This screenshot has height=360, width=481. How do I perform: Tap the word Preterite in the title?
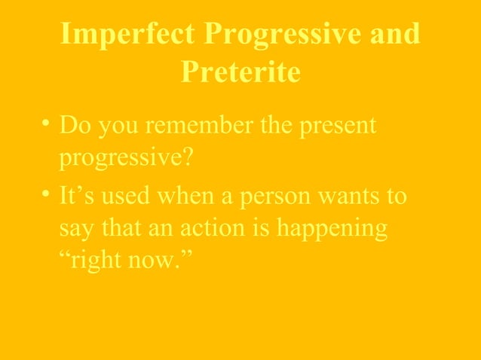pos(240,72)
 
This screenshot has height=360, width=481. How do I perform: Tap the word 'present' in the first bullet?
pos(339,126)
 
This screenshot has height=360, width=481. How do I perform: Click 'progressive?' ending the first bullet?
pos(111,160)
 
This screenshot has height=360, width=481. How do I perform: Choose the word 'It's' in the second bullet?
pos(76,197)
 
